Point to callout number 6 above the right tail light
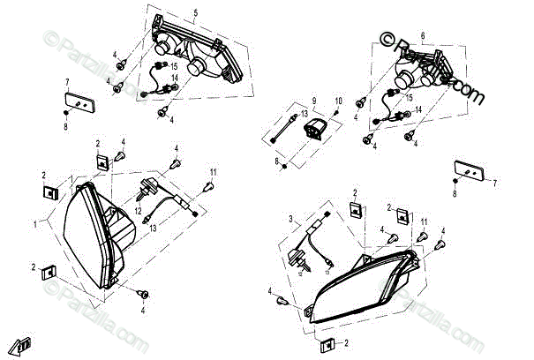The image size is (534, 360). click(x=423, y=34)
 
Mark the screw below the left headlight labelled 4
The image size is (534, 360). click(x=140, y=292)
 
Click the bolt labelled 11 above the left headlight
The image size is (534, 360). click(x=209, y=186)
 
